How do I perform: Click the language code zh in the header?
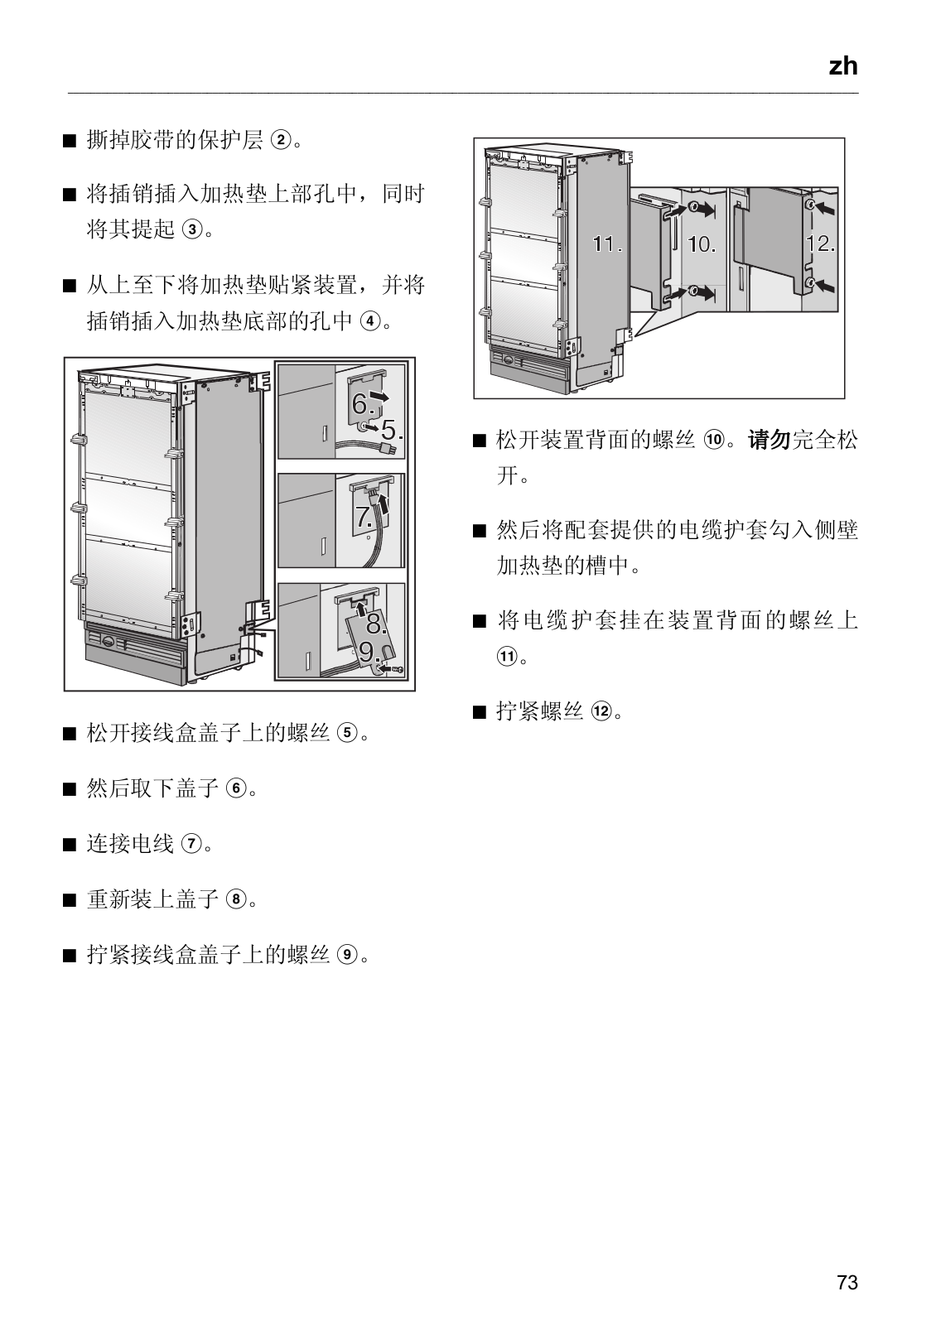tap(843, 66)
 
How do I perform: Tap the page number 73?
tap(847, 1283)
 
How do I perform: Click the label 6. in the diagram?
tap(363, 405)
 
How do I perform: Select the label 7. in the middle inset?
tap(364, 518)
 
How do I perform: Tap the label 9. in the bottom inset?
tap(369, 651)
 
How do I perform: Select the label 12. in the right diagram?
tap(820, 244)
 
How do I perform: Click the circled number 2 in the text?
tap(281, 141)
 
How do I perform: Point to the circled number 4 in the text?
tap(370, 321)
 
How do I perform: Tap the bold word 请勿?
tap(770, 440)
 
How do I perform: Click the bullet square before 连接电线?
tap(69, 845)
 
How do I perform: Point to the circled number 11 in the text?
tap(505, 657)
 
